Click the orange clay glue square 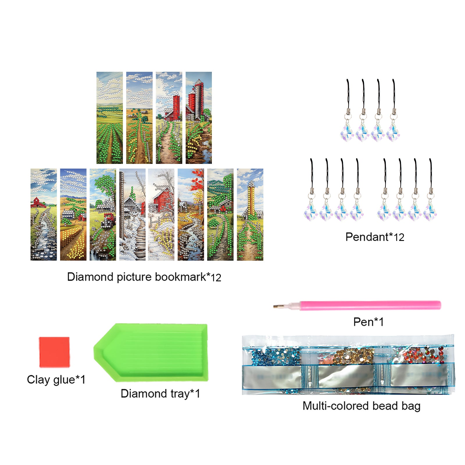(54, 352)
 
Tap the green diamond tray (151, 353)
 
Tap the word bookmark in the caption (180, 277)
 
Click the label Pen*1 (368, 322)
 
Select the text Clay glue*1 (56, 380)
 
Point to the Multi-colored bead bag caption (362, 406)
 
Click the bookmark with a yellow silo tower (250, 214)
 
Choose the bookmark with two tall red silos (199, 118)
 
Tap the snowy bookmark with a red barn (161, 214)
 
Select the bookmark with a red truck (103, 214)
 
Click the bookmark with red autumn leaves (191, 214)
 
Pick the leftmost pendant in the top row (348, 110)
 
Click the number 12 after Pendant (399, 237)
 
